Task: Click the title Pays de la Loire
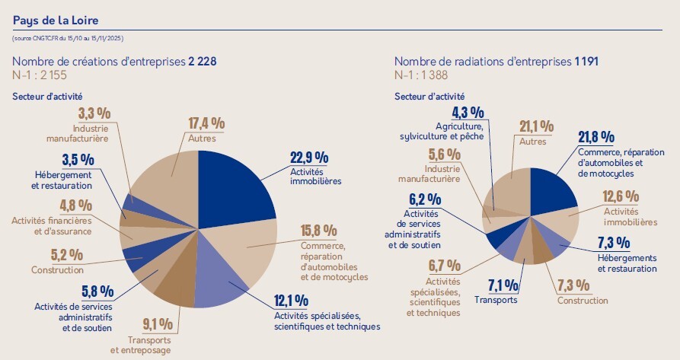[x=56, y=19]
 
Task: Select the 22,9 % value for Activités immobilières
[x=309, y=158]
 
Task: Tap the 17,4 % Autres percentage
[x=206, y=123]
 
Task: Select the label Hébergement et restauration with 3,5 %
[x=62, y=180]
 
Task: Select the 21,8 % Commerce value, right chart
[x=596, y=137]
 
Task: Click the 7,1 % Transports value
[x=503, y=285]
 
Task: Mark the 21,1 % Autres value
[x=536, y=126]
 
